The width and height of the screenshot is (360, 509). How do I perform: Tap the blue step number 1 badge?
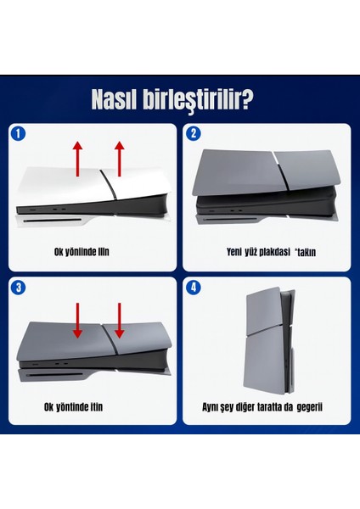click(18, 133)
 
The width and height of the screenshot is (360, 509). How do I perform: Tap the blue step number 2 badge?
click(193, 133)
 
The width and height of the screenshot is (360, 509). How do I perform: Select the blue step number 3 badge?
click(18, 287)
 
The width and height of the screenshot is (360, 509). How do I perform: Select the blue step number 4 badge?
click(193, 287)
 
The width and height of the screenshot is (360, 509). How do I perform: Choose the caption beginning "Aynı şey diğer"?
click(267, 406)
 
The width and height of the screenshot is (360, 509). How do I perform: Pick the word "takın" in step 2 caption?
click(306, 253)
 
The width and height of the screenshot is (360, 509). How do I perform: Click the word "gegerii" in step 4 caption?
click(308, 406)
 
